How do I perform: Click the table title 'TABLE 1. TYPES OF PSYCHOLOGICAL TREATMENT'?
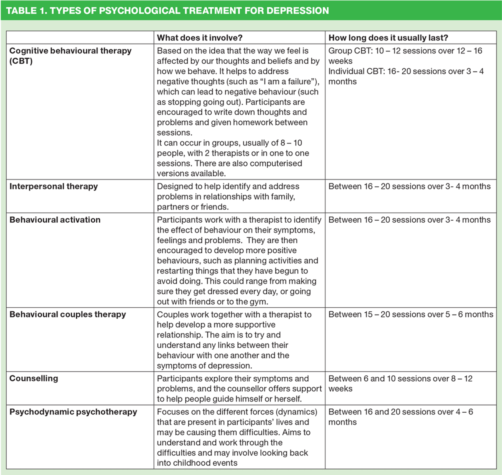click(x=167, y=11)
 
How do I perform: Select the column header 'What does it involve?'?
click(x=199, y=38)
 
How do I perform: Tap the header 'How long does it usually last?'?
click(x=388, y=38)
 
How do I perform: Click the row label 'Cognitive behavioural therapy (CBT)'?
click(x=70, y=56)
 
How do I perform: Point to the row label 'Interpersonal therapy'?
click(x=54, y=186)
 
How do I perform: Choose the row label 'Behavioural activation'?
click(x=55, y=220)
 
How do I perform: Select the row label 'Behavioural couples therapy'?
click(x=67, y=314)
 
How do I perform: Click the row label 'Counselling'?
click(x=34, y=378)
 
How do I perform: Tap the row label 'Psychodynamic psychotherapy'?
click(x=73, y=412)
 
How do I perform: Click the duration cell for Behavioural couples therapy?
click(x=410, y=314)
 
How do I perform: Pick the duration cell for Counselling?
click(x=400, y=383)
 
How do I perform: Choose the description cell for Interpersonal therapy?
click(x=239, y=196)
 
